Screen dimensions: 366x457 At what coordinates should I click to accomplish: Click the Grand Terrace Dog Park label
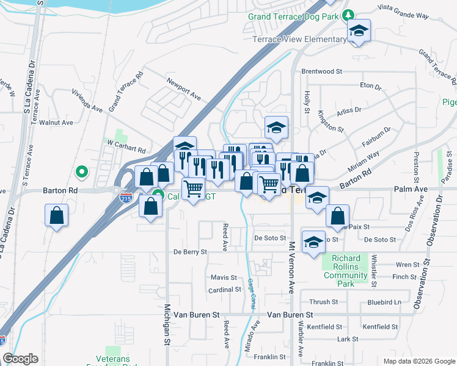(293, 16)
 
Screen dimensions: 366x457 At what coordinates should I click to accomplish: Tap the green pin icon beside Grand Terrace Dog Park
(348, 15)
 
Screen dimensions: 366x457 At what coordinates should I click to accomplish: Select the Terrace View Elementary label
(299, 40)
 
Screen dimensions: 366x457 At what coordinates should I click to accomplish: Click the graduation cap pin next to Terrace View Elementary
(359, 31)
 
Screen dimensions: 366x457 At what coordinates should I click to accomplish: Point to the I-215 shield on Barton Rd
(116, 190)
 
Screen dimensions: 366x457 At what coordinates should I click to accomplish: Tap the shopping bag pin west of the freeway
(56, 216)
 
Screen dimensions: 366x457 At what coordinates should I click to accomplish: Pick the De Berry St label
(191, 251)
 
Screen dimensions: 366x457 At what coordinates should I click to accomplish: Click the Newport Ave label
(184, 88)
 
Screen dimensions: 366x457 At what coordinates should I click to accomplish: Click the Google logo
(20, 359)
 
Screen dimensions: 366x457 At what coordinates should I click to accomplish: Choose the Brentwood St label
(321, 71)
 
